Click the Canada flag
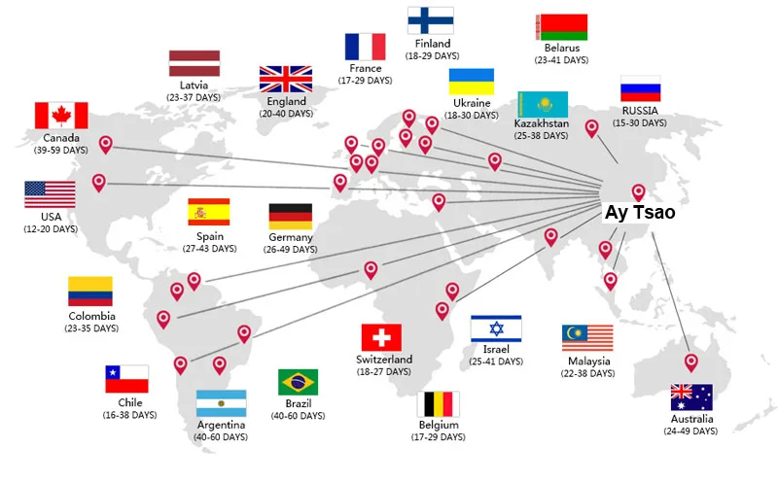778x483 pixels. click(61, 116)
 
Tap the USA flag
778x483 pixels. click(51, 194)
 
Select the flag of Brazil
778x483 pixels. click(299, 382)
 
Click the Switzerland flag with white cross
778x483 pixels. click(381, 337)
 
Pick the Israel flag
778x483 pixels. click(496, 328)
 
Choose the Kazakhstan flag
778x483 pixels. click(543, 104)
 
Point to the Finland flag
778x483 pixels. click(431, 20)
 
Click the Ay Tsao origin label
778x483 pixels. click(640, 212)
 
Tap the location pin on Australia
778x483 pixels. click(690, 362)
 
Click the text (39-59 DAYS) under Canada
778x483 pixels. click(61, 150)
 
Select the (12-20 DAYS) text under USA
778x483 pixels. click(51, 228)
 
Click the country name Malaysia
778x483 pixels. click(589, 361)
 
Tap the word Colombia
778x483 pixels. click(91, 316)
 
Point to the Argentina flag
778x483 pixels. click(222, 403)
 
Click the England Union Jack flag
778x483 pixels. click(286, 80)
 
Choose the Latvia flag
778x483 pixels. click(194, 63)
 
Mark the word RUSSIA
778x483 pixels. click(640, 110)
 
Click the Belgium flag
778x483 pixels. click(439, 404)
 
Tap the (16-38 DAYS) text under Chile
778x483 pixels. click(130, 415)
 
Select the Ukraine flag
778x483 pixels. click(472, 82)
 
